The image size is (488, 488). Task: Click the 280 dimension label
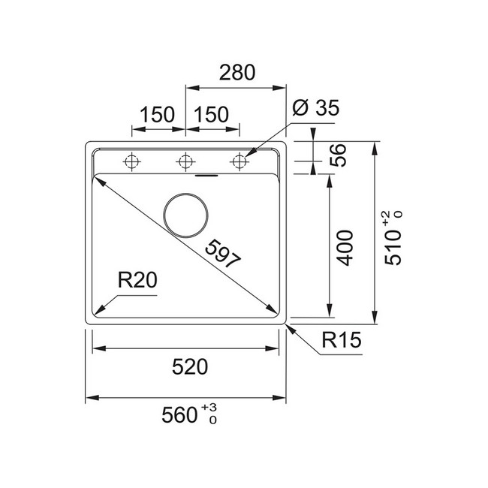click(237, 73)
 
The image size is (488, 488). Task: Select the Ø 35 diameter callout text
click(316, 107)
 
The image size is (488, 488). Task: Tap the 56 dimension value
click(338, 155)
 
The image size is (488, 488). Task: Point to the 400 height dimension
click(345, 248)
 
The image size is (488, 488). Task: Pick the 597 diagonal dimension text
click(223, 254)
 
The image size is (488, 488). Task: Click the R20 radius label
click(137, 280)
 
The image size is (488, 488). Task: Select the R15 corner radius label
click(342, 339)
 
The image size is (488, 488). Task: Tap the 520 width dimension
click(190, 366)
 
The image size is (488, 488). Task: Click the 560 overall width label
click(180, 415)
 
